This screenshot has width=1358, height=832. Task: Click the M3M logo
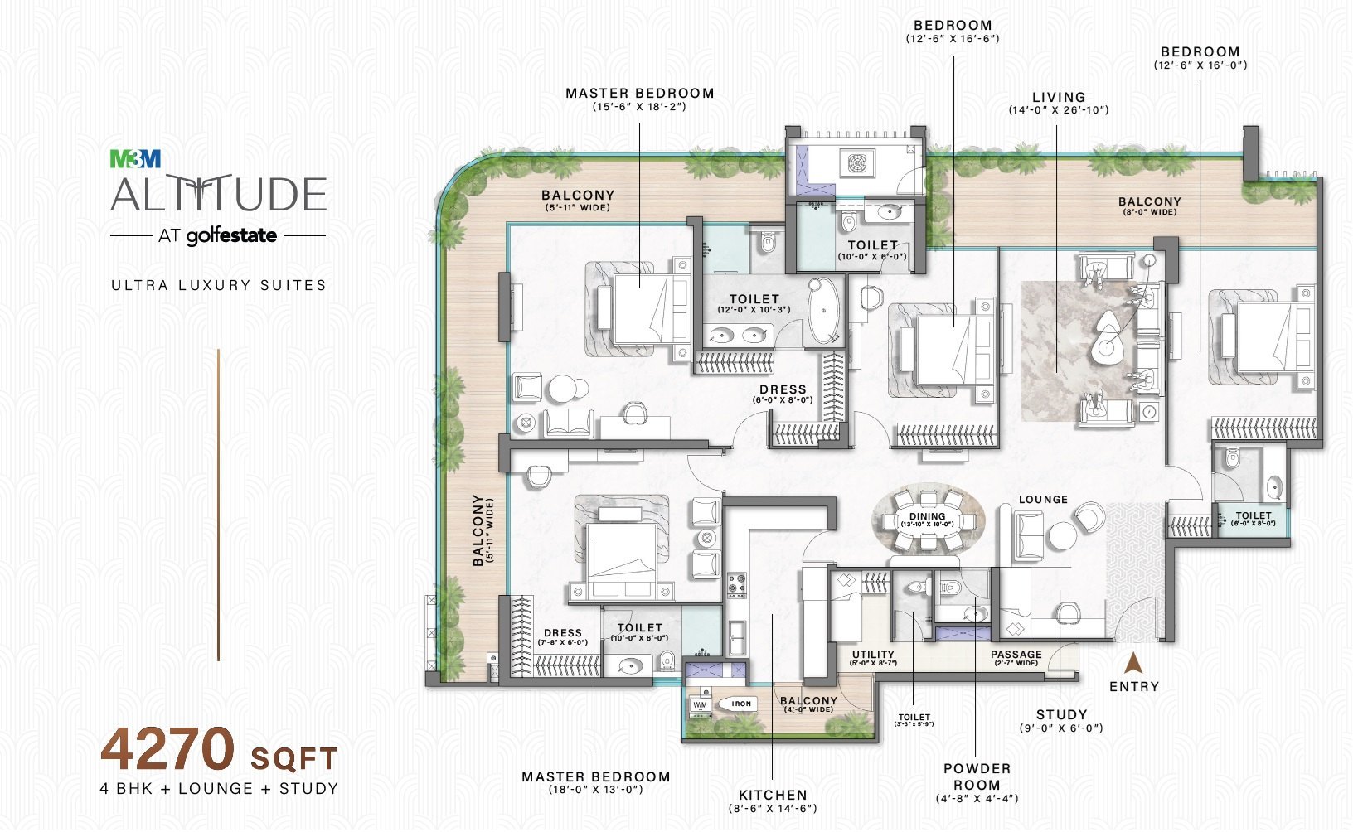[136, 158]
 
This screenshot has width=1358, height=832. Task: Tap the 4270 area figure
[168, 749]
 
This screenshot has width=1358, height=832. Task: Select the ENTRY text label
[1134, 686]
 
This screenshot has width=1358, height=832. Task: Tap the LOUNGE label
[1043, 500]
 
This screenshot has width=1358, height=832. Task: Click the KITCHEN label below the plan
[773, 795]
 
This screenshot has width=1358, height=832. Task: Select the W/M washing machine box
[701, 705]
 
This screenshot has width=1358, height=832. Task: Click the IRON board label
[741, 704]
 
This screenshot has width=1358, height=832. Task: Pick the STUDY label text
[1061, 714]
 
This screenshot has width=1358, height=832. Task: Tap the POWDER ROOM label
[977, 776]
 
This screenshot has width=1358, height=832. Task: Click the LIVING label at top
[1059, 97]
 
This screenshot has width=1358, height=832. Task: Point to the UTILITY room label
[873, 655]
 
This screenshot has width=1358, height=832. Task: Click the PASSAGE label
[1016, 655]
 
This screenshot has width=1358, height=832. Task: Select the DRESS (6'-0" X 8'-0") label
[783, 389]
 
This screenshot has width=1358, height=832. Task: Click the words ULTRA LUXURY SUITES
[219, 285]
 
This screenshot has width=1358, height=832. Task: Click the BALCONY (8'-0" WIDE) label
[1149, 201]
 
